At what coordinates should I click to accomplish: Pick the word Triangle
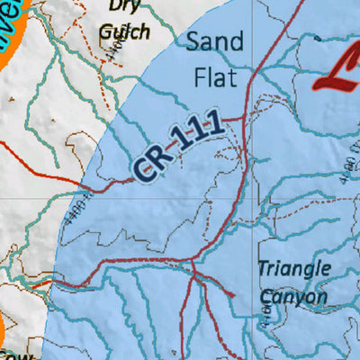(x=294, y=268)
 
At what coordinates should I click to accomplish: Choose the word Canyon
(x=293, y=296)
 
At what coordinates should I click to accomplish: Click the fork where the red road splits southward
(x=193, y=265)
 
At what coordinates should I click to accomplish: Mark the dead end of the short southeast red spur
(x=236, y=298)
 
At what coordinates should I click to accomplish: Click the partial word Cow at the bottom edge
(x=9, y=355)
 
